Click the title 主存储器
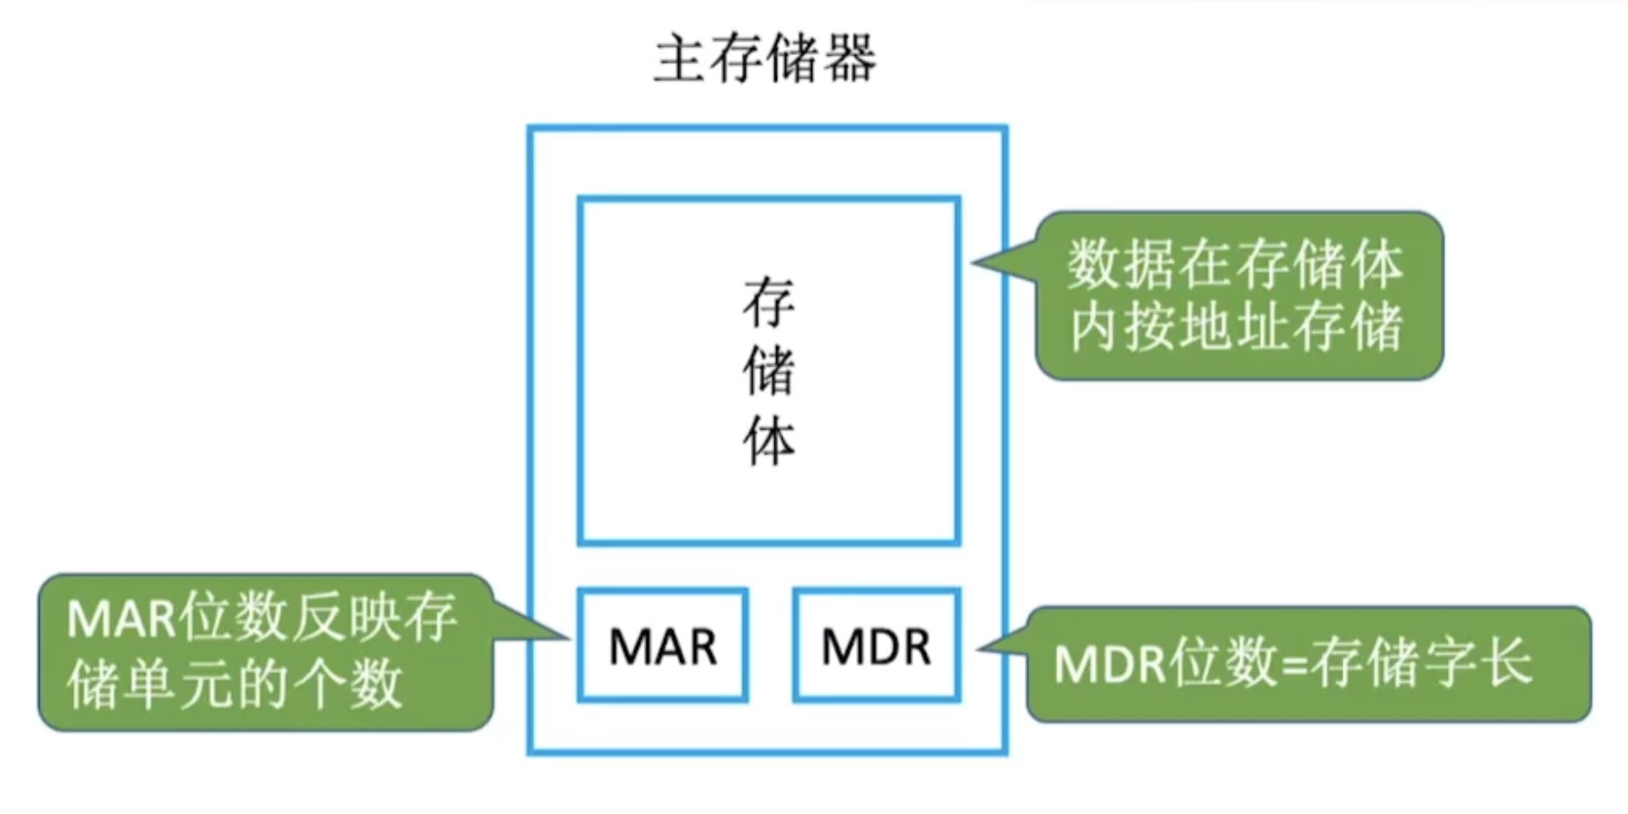click(764, 59)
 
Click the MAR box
click(663, 646)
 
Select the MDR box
click(876, 646)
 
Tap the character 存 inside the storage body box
click(768, 303)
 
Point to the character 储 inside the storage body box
click(768, 371)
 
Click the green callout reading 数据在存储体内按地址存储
click(1238, 295)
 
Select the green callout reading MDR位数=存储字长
click(1307, 665)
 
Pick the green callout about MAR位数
click(265, 652)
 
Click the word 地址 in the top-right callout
click(1236, 327)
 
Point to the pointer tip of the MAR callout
click(568, 638)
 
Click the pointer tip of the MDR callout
click(979, 647)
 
